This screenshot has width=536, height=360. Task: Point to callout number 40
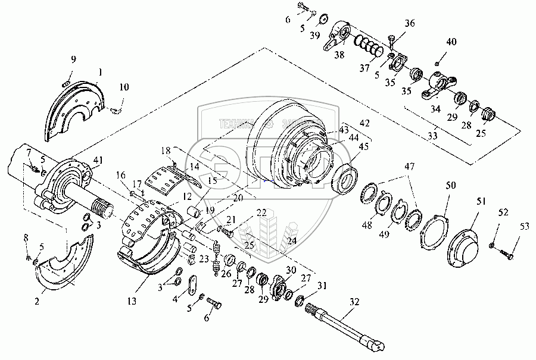click(452, 42)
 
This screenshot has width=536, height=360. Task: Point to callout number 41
click(98, 161)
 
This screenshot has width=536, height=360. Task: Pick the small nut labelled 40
click(438, 62)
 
